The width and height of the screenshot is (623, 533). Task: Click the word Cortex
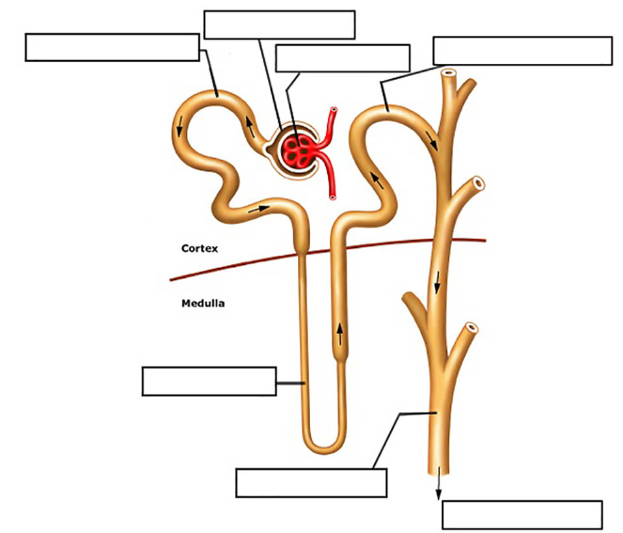click(x=200, y=248)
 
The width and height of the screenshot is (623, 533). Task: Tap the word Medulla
click(x=204, y=303)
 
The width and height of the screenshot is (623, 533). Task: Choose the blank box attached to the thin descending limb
click(x=209, y=381)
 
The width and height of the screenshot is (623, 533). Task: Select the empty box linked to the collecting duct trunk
click(x=311, y=482)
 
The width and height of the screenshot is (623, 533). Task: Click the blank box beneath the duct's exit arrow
click(x=522, y=515)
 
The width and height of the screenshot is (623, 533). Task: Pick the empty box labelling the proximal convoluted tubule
click(x=112, y=48)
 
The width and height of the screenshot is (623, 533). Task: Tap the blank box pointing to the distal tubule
click(x=522, y=51)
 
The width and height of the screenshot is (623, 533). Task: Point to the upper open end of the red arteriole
click(x=334, y=111)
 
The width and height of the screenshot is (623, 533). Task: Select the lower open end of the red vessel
click(x=332, y=196)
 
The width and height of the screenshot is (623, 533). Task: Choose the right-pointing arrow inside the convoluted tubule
click(x=258, y=209)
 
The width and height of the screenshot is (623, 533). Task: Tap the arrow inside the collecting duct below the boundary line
click(x=438, y=282)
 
